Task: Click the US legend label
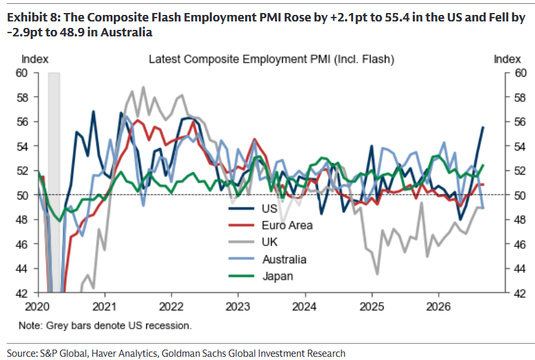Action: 270,209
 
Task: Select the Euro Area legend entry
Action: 287,225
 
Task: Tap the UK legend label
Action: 270,242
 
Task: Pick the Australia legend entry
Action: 284,259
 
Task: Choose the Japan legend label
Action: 278,276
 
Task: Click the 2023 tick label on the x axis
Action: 238,307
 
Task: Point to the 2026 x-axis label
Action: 438,307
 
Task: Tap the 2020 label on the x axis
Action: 37,307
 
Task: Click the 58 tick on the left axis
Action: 22,97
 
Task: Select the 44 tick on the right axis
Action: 520,268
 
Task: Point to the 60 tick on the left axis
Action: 22,73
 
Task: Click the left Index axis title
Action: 35,59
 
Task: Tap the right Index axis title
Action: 507,59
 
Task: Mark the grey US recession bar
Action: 54,182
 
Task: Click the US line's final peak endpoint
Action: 483,127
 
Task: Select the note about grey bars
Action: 105,326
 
